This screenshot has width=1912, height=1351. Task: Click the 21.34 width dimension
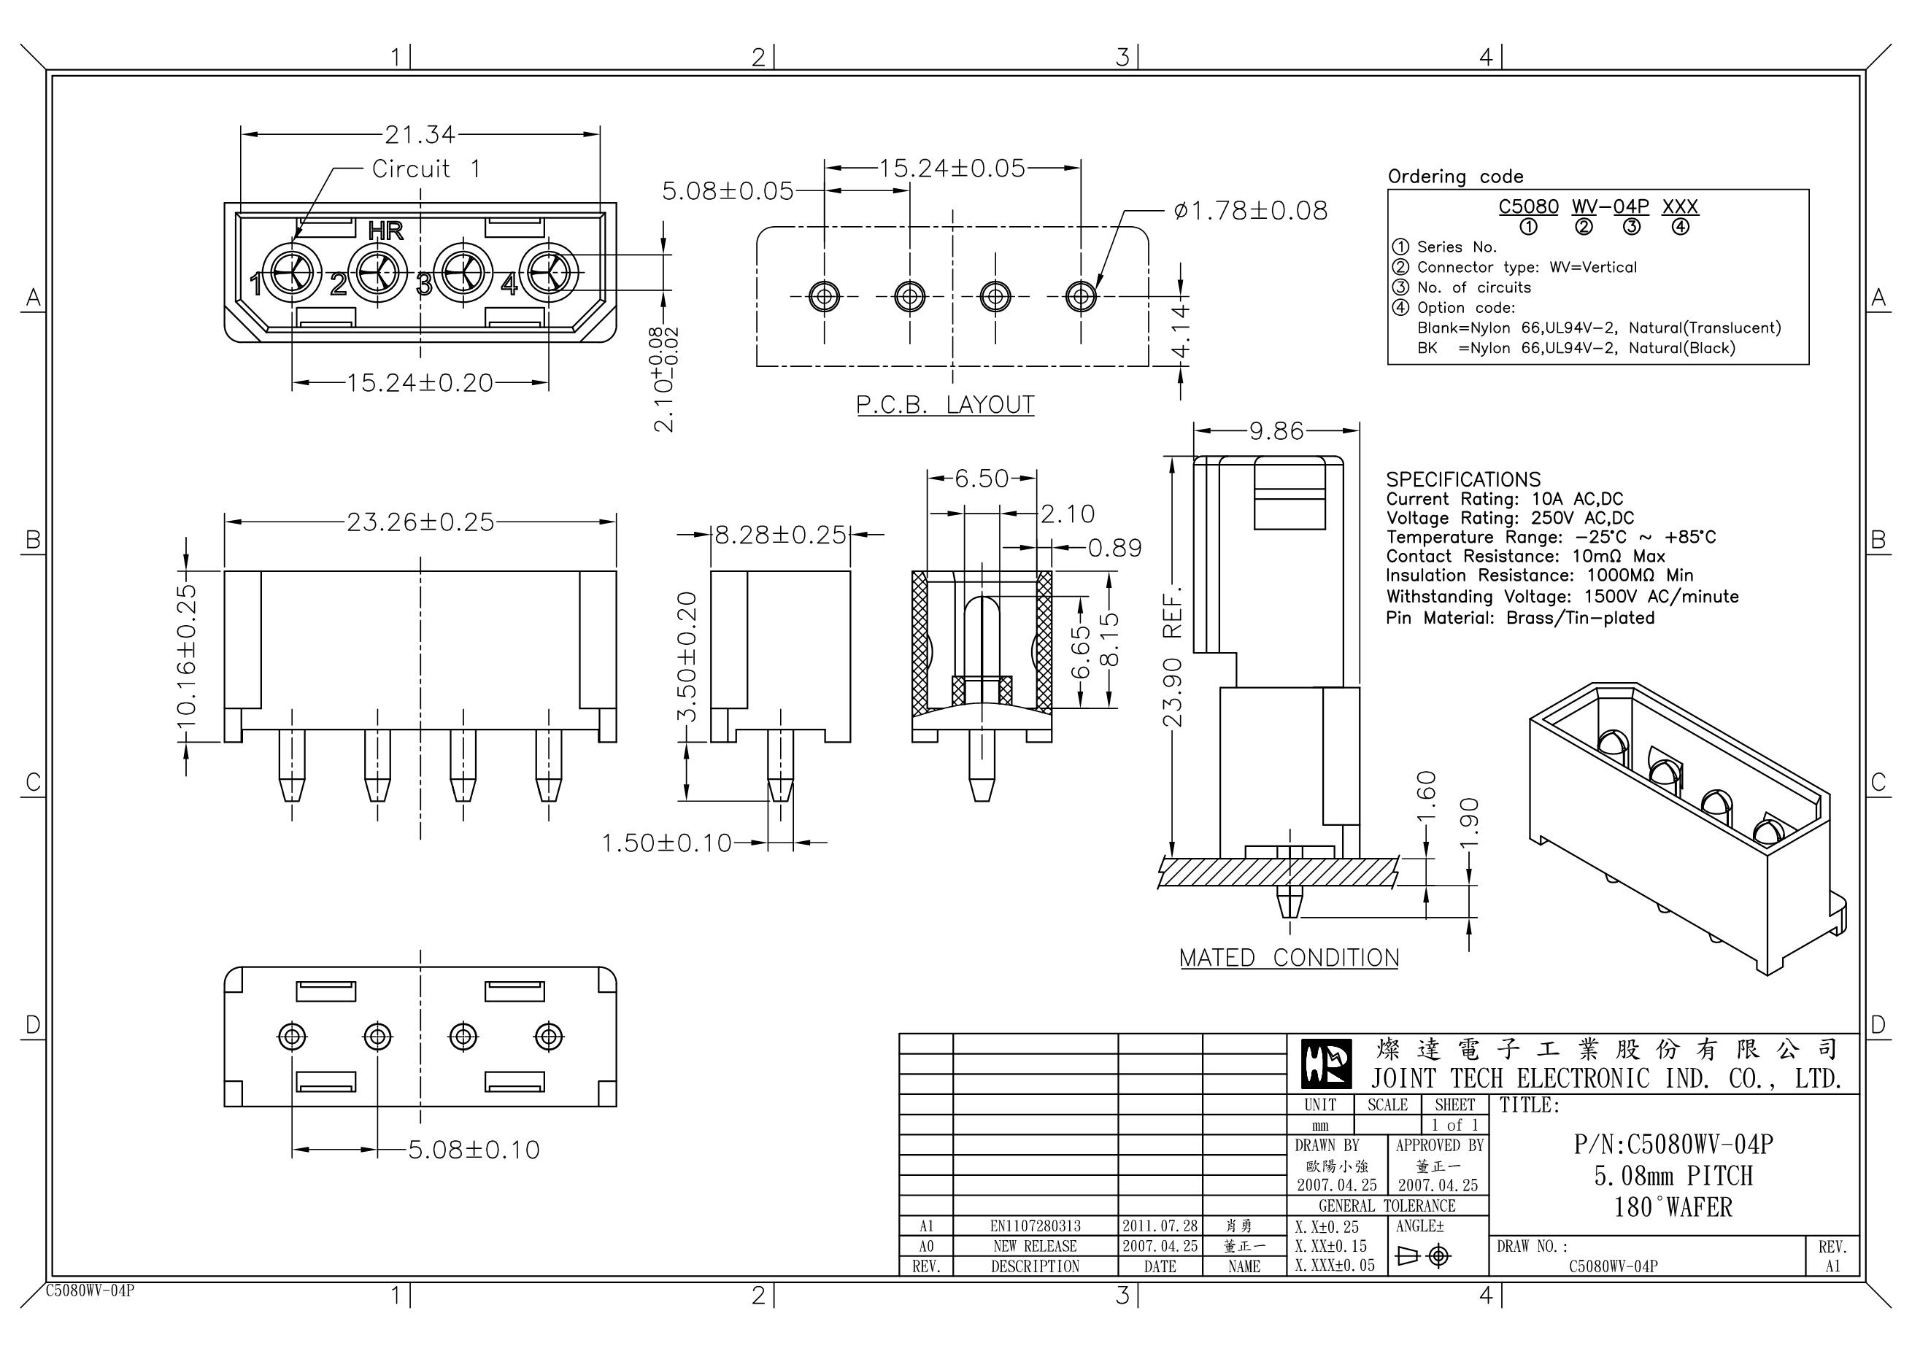420,134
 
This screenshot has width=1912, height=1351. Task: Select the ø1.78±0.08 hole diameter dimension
1250,211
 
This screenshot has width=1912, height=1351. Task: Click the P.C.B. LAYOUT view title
945,406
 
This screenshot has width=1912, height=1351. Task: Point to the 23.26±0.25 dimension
420,522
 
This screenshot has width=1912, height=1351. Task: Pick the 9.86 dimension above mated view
1276,430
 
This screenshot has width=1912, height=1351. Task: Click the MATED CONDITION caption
1288,958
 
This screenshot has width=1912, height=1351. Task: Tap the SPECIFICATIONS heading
1462,479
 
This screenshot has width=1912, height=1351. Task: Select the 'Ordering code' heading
1455,177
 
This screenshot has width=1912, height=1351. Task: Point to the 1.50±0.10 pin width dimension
666,843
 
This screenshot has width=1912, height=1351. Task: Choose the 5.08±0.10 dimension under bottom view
473,1150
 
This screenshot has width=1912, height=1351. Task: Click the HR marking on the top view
385,231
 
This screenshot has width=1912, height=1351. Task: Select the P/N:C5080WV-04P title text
1673,1145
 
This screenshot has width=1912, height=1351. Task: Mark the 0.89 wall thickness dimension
1115,548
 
